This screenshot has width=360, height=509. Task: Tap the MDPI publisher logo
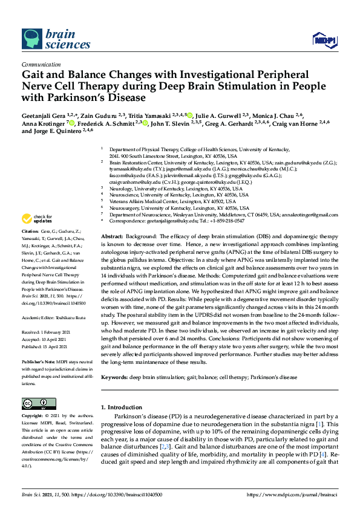click(326, 39)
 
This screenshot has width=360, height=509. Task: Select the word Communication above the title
click(41, 63)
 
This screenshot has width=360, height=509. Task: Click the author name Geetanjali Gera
click(46, 115)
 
